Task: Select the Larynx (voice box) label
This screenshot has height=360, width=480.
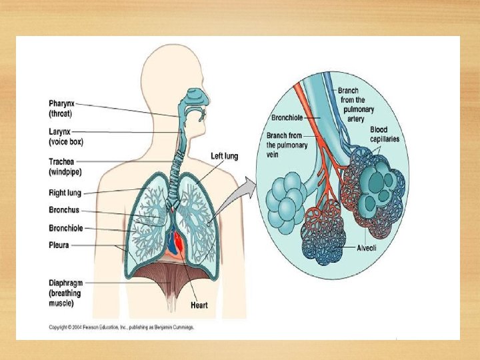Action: (x=66, y=137)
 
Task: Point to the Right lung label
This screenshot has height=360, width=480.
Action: (x=65, y=193)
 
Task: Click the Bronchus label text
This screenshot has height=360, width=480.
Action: (x=63, y=211)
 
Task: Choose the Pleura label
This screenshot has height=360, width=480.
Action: (x=59, y=245)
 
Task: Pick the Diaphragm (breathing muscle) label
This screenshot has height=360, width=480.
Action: (x=65, y=293)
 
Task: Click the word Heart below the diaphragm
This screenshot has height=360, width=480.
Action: (x=199, y=305)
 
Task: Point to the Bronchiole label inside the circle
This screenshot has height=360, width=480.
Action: (x=288, y=117)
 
